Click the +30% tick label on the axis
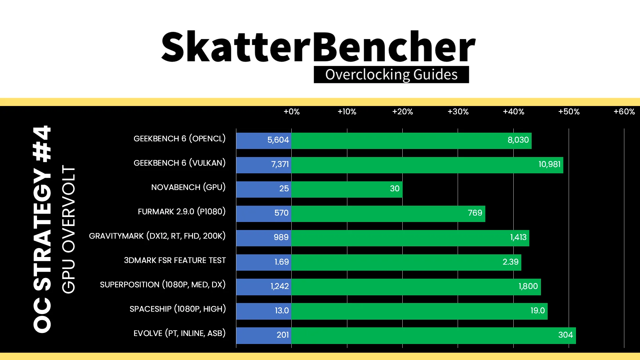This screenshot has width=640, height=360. point(458,112)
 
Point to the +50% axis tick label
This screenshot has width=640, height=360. point(569,112)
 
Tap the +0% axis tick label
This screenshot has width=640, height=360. point(292,112)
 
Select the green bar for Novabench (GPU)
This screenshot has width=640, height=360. point(347,189)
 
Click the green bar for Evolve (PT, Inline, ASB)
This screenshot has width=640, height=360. point(434,335)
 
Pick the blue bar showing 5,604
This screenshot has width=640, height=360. point(264,140)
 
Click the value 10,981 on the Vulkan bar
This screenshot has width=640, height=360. point(549,164)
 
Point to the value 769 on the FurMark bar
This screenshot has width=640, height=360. point(475,213)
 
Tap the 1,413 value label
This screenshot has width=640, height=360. point(518,237)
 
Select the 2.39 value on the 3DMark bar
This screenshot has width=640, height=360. point(511,262)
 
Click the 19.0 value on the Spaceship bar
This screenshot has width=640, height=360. point(538,311)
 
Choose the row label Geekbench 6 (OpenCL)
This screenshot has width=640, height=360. point(180,139)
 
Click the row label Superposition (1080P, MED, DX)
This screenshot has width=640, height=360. point(163,285)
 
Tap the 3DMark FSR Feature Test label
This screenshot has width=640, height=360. point(175,260)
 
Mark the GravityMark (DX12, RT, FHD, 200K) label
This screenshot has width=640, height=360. point(157,236)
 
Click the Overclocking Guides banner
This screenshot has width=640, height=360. point(391,75)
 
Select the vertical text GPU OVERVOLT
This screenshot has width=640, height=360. point(69,229)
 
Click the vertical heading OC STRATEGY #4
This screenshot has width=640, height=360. point(42,229)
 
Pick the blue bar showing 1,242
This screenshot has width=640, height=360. point(264,287)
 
